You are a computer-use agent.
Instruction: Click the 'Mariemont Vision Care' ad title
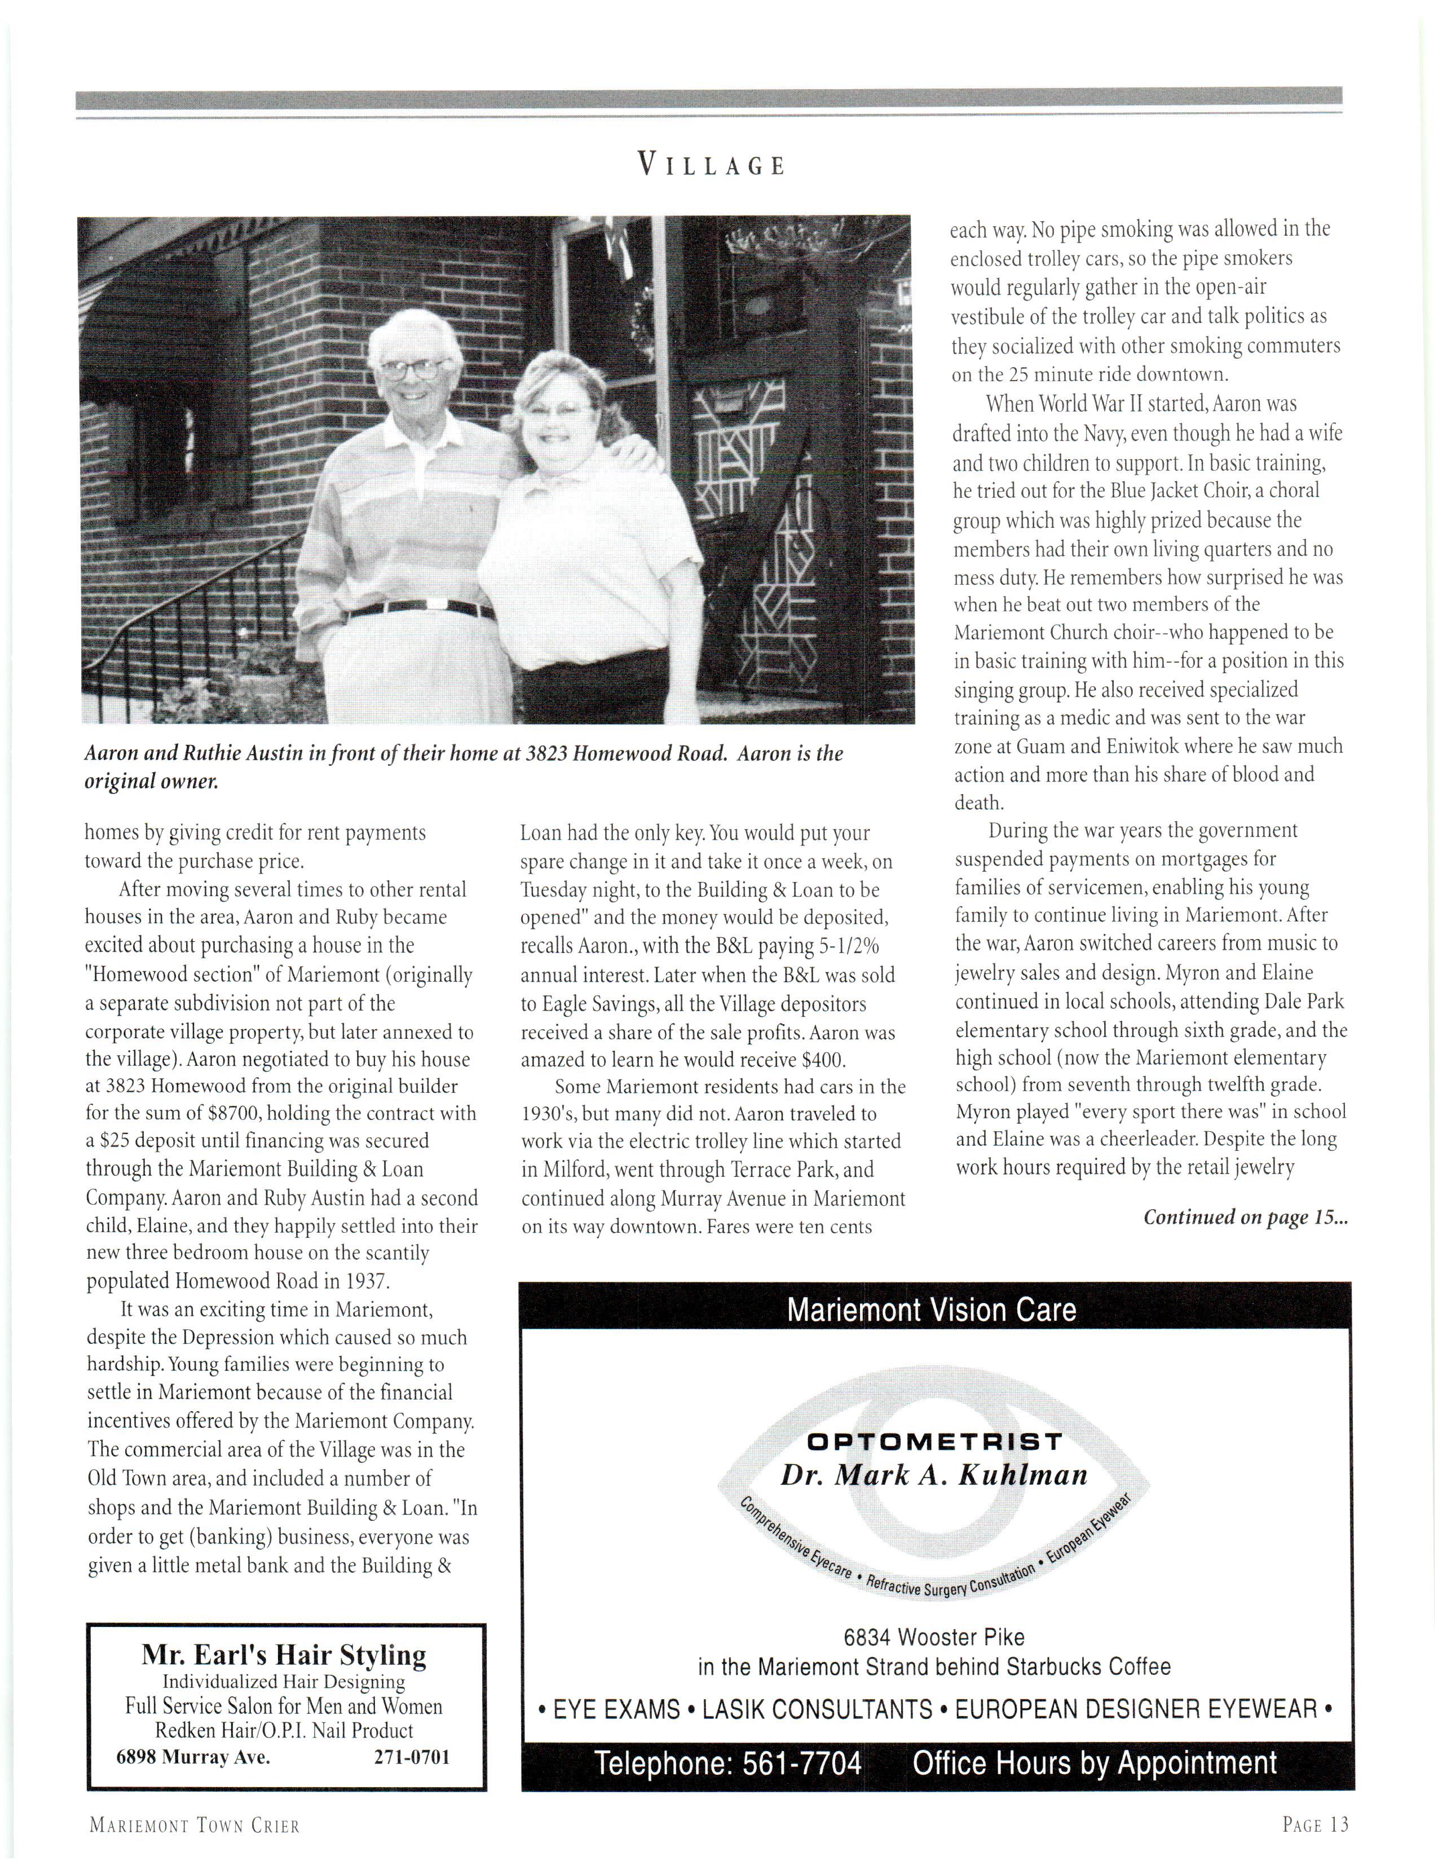(931, 1309)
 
